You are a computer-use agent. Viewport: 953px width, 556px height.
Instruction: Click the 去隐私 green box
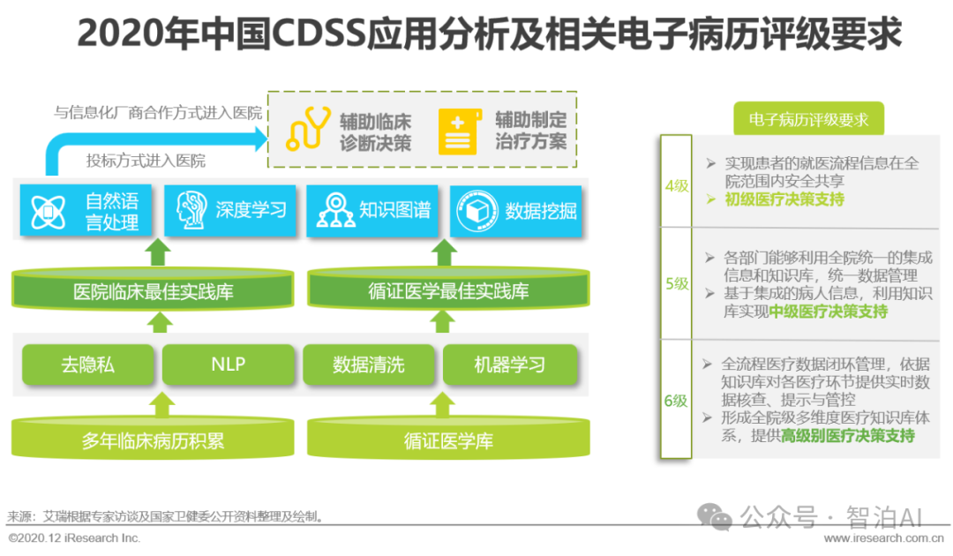click(87, 364)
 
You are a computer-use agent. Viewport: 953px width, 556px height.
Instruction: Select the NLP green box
click(229, 364)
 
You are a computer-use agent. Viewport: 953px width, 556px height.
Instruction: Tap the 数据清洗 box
click(369, 364)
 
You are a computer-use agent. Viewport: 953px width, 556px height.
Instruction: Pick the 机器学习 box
click(509, 364)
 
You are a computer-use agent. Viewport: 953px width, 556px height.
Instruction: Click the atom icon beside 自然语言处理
click(48, 211)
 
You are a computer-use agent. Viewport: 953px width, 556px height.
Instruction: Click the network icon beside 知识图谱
click(335, 210)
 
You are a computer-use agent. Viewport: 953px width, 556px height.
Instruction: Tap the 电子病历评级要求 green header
click(808, 120)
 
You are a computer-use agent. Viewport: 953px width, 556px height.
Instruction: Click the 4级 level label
click(677, 185)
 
